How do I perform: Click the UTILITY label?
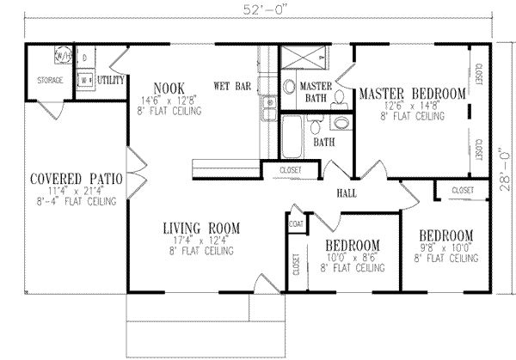click(113, 80)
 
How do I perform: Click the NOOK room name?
click(169, 87)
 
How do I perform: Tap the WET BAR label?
click(231, 87)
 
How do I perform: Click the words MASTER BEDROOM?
click(413, 93)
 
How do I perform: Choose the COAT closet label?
click(297, 225)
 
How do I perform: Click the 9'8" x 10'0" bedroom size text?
click(445, 247)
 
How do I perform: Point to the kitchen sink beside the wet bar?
click(269, 107)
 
